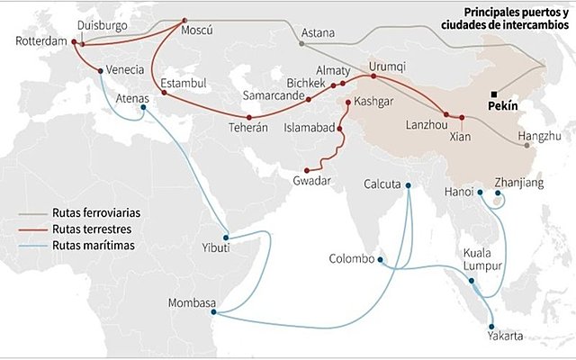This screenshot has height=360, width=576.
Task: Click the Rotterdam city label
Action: click(40, 42)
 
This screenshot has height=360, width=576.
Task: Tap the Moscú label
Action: click(197, 31)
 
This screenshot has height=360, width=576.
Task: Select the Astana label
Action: click(317, 33)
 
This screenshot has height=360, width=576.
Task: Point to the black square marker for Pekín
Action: click(493, 94)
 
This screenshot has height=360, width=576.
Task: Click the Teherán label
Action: click(248, 128)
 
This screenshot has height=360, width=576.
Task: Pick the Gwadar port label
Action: click(312, 181)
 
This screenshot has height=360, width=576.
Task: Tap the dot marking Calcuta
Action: click(408, 186)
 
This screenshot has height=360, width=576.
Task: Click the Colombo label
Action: click(351, 259)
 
